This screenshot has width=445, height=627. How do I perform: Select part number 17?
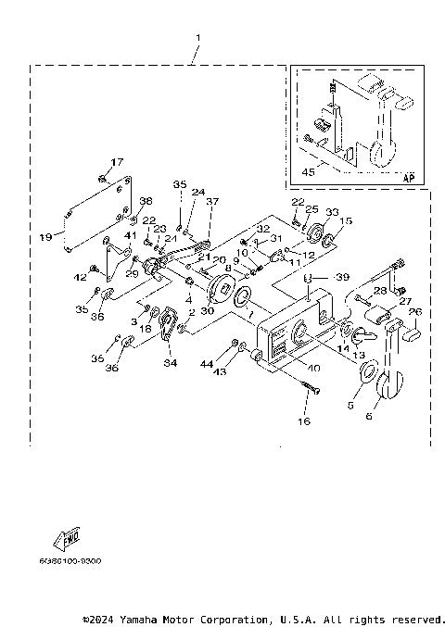click(117, 163)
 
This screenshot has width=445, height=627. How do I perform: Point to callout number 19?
click(45, 238)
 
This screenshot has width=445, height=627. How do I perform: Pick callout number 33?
click(331, 212)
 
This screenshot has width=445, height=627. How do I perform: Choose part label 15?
click(347, 220)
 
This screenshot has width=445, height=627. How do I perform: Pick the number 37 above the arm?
click(211, 202)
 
